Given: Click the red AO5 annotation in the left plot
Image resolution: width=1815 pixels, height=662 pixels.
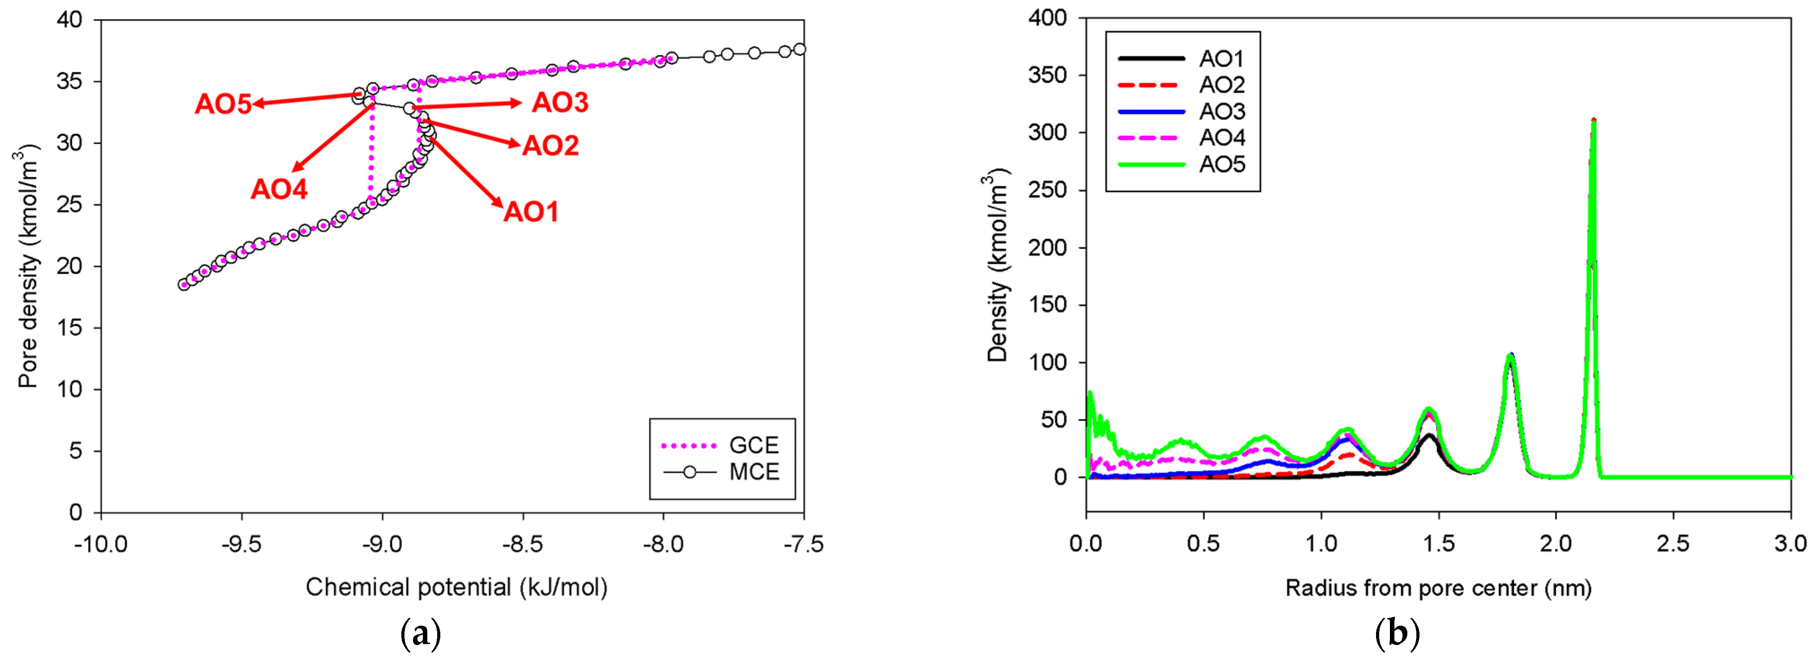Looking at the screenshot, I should tap(223, 104).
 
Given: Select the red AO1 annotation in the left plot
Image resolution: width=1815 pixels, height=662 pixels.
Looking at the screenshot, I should tap(530, 212).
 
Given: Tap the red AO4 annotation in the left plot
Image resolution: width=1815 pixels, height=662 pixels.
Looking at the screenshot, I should tap(279, 189).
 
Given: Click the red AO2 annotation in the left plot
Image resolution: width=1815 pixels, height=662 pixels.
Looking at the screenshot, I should tap(550, 146).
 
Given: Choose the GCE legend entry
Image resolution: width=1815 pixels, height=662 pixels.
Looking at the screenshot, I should tap(753, 445).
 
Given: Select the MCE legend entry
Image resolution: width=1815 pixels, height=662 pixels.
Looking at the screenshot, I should tap(753, 472).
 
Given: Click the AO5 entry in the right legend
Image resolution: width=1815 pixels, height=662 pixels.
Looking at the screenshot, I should tap(1222, 164).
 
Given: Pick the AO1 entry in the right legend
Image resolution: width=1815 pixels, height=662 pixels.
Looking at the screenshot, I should tap(1222, 59).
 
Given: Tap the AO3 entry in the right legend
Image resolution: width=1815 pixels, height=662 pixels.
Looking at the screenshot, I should tap(1222, 112).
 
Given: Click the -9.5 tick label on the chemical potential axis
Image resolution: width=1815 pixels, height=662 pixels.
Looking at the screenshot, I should tap(242, 544).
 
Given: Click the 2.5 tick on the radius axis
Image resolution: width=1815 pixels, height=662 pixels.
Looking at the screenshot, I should tap(1673, 544).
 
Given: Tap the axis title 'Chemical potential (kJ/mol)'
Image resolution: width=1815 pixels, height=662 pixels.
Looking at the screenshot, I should tap(456, 587).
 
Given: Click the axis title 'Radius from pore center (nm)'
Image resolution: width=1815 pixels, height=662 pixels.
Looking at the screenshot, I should tap(1438, 588).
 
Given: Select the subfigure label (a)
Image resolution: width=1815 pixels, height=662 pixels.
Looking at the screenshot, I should tap(421, 634).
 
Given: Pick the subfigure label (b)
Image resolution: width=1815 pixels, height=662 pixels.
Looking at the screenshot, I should tap(1397, 634).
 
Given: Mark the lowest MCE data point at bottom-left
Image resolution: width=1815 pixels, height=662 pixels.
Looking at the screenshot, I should tap(184, 285).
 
